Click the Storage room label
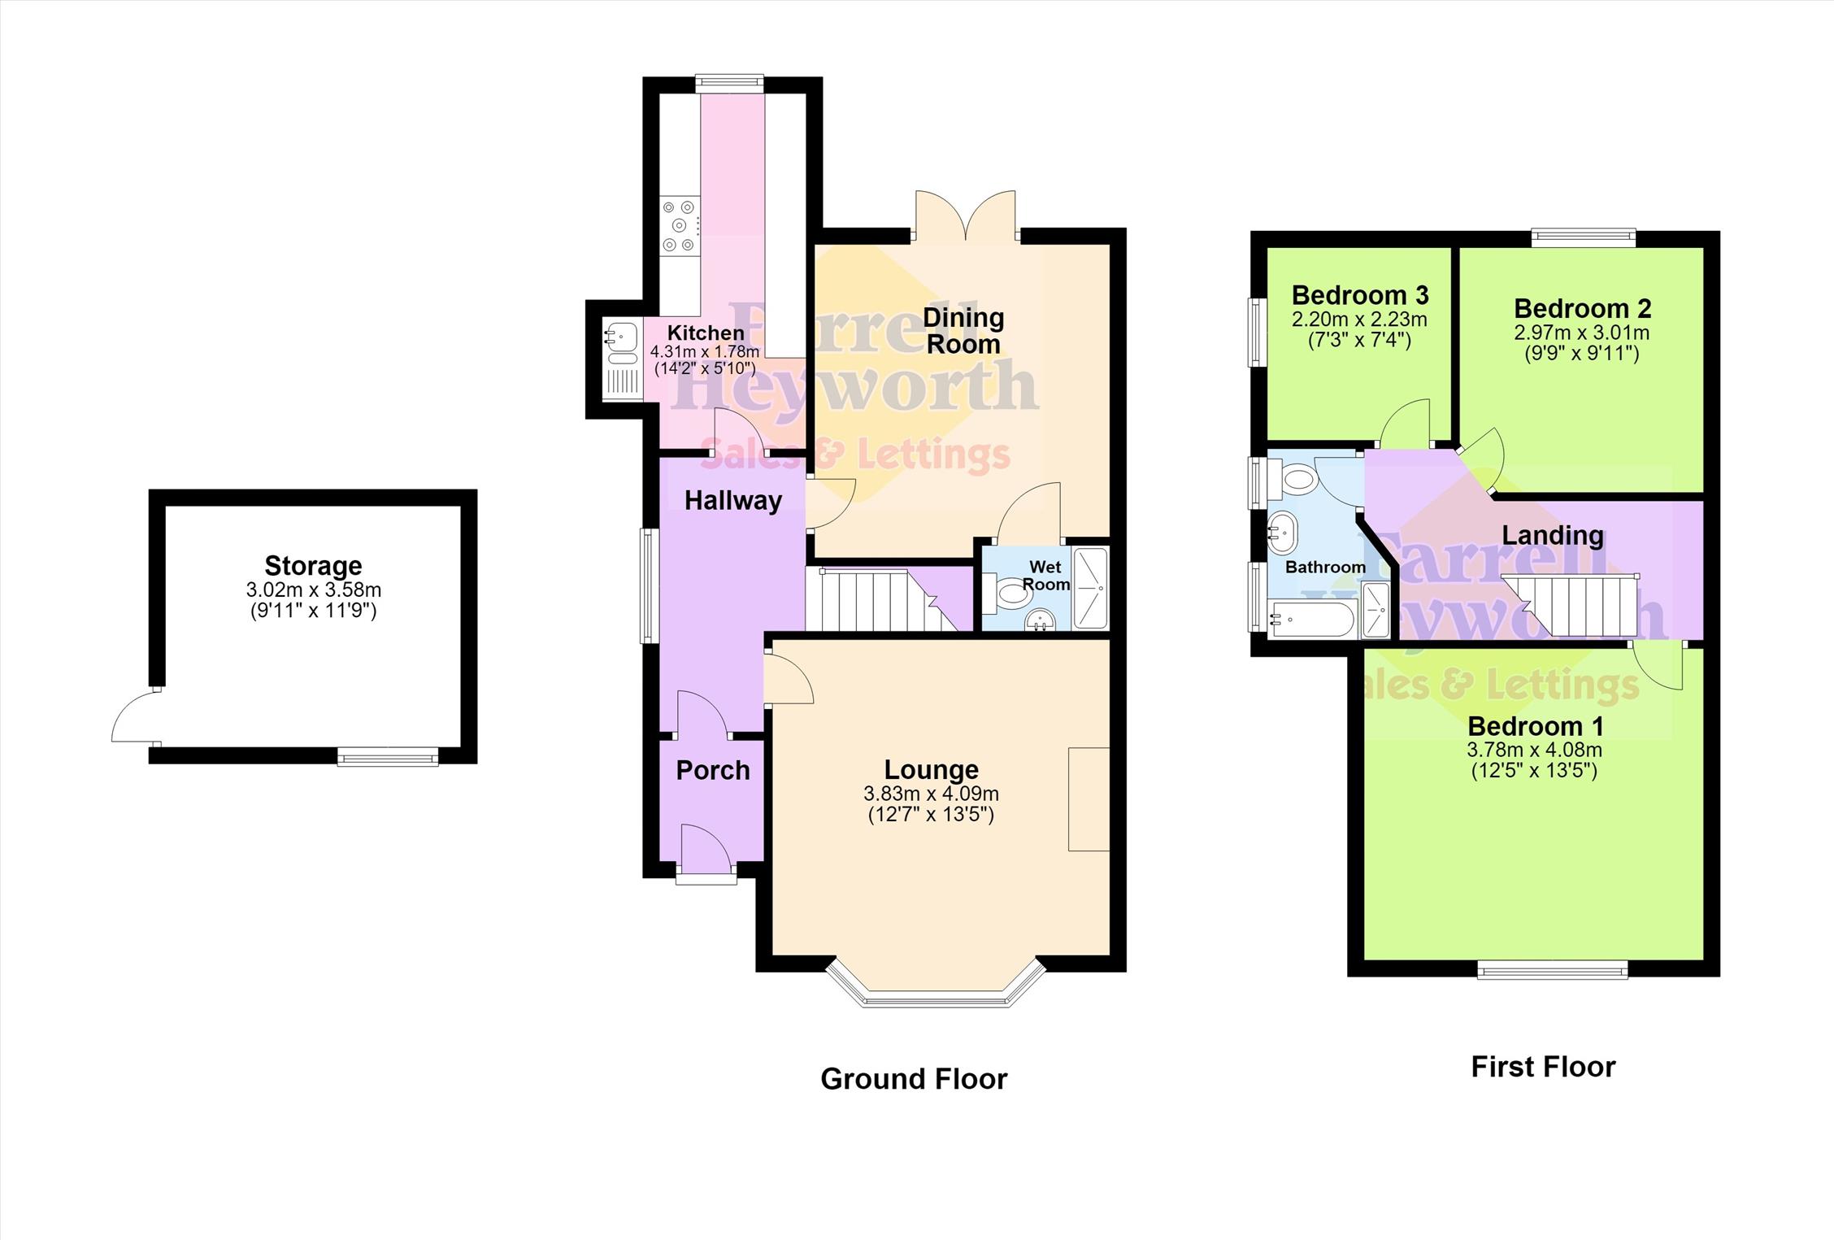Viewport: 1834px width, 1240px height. [x=313, y=566]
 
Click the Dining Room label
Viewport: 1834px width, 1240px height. [x=963, y=330]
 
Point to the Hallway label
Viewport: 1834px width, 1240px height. [x=733, y=501]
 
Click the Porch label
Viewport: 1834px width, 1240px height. [x=713, y=770]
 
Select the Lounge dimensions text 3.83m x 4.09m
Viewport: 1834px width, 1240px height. [x=932, y=794]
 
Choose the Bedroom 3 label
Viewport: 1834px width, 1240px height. [x=1360, y=294]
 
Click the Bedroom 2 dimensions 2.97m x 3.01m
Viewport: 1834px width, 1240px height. [x=1582, y=333]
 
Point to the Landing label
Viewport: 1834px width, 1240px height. [x=1553, y=536]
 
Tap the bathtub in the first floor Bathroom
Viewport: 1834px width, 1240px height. [x=1311, y=620]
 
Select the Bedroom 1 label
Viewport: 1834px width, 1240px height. [x=1535, y=726]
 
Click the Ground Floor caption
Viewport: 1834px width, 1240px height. [x=914, y=1079]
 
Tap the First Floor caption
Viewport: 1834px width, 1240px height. [x=1543, y=1067]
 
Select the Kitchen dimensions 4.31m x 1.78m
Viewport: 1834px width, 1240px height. [x=705, y=352]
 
